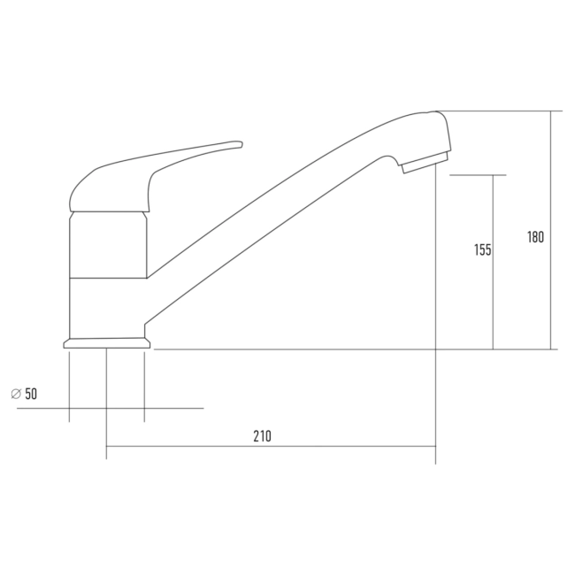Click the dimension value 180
click(535, 237)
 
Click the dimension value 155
click(482, 250)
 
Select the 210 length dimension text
click(262, 435)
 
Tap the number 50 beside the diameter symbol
click(31, 395)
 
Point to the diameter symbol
click(15, 395)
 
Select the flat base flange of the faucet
click(106, 342)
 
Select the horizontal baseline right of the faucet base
click(354, 349)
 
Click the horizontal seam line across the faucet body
click(107, 278)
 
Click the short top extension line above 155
click(478, 175)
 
